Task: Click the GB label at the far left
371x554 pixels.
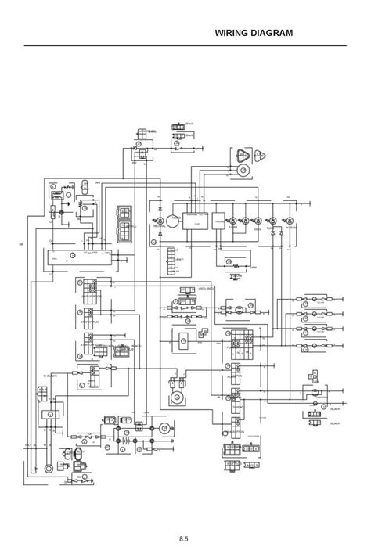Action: coord(21,245)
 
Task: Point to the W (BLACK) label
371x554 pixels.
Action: coord(52,376)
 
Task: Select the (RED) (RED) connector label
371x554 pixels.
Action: coord(207,288)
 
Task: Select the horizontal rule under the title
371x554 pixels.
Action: coord(185,45)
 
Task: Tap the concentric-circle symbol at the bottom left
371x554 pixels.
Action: coord(48,468)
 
